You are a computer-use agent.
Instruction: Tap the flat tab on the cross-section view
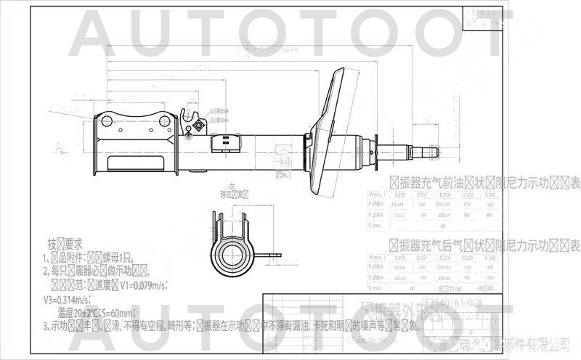coord(272,255)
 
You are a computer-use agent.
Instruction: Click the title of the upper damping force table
coord(484,182)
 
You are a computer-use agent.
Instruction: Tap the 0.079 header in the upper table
coord(399,195)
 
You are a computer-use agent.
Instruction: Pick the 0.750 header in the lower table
coord(492,258)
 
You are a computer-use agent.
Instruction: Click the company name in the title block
coord(508,341)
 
